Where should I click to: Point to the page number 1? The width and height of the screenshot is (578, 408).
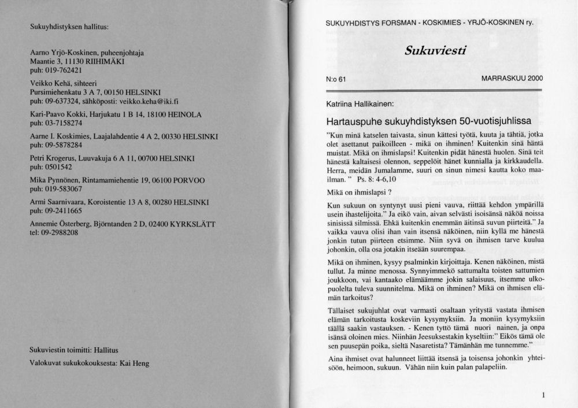544,395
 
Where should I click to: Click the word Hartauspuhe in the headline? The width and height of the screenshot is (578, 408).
353,123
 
